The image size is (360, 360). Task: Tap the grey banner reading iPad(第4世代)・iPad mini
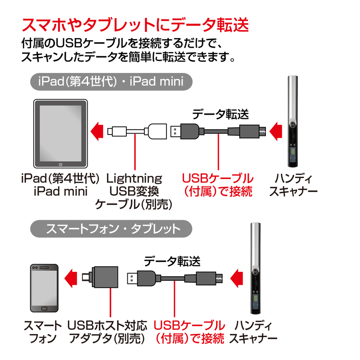coord(111,82)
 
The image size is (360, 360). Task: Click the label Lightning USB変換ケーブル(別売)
coord(134,191)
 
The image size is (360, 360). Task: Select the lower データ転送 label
coord(172,260)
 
